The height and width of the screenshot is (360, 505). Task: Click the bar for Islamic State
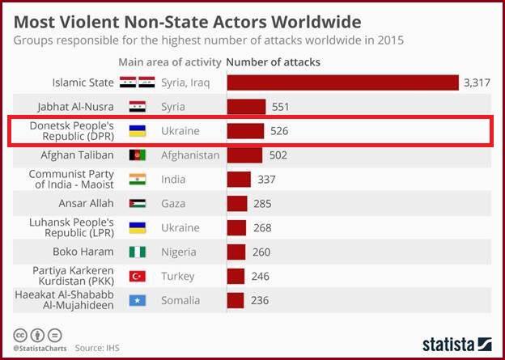[x=342, y=82]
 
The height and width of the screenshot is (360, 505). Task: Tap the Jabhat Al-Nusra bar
[x=246, y=106]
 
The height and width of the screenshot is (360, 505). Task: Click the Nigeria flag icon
[x=138, y=252]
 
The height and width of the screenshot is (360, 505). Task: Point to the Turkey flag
[x=138, y=276]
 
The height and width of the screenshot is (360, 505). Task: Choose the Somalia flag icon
[x=138, y=300]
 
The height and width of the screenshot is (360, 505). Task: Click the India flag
[x=138, y=179]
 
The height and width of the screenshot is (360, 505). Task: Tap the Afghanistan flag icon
[x=138, y=155]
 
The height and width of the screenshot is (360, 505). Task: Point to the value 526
[x=279, y=130]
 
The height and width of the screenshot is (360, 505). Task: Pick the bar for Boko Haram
[x=236, y=252]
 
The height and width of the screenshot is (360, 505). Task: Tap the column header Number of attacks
[x=273, y=61]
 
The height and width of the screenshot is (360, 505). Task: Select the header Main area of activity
[x=168, y=61]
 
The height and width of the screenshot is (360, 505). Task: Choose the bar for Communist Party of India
[x=239, y=179]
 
